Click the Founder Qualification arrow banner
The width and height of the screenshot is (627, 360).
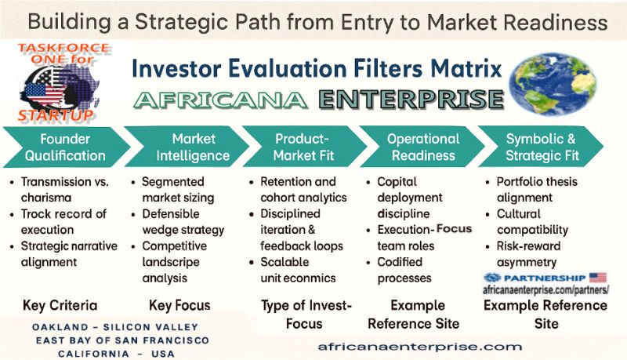pyautogui.click(x=66, y=147)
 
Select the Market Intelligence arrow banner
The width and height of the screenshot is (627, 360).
pyautogui.click(x=187, y=147)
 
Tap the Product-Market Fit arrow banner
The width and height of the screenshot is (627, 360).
pyautogui.click(x=304, y=147)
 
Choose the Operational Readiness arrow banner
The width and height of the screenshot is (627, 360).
pyautogui.click(x=422, y=147)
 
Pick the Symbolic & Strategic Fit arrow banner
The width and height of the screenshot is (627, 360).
pyautogui.click(x=541, y=147)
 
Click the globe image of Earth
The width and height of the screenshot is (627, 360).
pyautogui.click(x=553, y=84)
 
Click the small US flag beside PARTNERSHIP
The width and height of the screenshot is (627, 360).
pyautogui.click(x=598, y=278)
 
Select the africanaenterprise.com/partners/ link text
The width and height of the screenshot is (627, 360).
pyautogui.click(x=545, y=290)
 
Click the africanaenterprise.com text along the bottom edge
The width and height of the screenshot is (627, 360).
pyautogui.click(x=420, y=347)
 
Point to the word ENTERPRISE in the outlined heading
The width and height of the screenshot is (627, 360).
pyautogui.click(x=411, y=100)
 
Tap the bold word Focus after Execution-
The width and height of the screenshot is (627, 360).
pyautogui.click(x=454, y=229)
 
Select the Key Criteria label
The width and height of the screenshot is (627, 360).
pyautogui.click(x=60, y=305)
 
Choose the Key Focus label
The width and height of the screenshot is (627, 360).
pyautogui.click(x=179, y=305)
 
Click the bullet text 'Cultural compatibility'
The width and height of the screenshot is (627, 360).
pyautogui.click(x=532, y=222)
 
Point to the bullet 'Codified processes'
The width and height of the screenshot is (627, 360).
pyautogui.click(x=404, y=270)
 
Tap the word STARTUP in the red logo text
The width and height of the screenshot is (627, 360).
pyautogui.click(x=56, y=115)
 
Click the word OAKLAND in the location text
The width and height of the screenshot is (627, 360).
pyautogui.click(x=60, y=327)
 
